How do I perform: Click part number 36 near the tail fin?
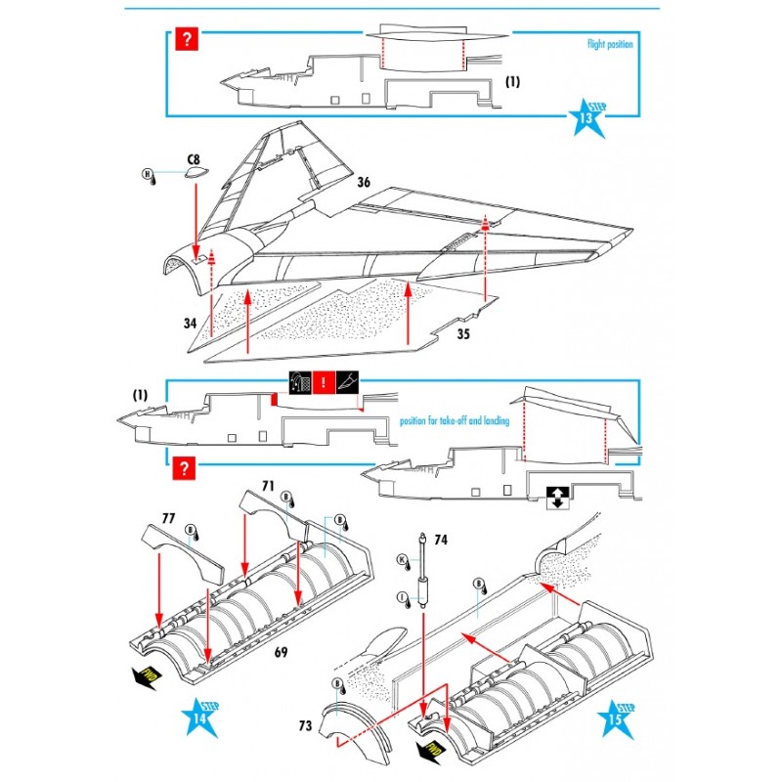click(x=364, y=182)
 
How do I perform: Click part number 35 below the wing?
click(x=464, y=334)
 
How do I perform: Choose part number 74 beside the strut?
click(x=440, y=539)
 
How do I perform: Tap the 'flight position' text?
click(x=610, y=44)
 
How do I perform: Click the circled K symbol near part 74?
click(x=401, y=559)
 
